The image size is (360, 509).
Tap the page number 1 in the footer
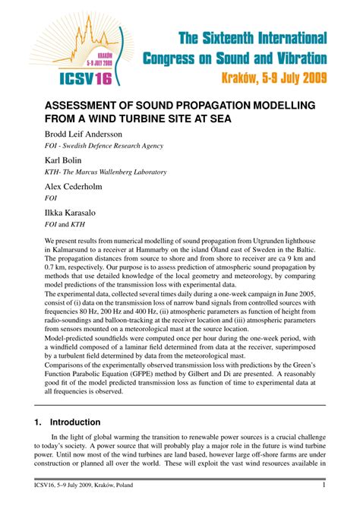tap(324, 486)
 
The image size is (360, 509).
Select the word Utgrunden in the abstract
tap(274, 241)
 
